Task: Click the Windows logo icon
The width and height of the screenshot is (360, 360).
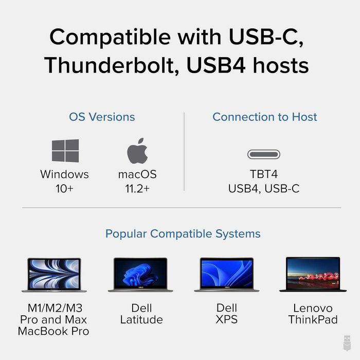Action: (x=65, y=151)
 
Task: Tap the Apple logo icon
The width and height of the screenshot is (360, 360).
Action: (x=137, y=151)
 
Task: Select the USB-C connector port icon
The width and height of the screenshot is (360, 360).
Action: (x=264, y=154)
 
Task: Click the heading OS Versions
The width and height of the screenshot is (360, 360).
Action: (x=102, y=117)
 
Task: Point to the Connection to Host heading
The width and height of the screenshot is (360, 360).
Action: (x=264, y=117)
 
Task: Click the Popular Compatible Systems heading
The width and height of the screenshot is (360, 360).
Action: (x=183, y=234)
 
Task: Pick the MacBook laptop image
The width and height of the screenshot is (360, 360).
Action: (x=54, y=275)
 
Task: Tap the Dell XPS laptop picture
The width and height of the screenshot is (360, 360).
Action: (x=226, y=275)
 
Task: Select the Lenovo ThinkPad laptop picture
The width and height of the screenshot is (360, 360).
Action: (x=313, y=275)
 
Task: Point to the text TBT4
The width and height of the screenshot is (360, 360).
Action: (x=264, y=175)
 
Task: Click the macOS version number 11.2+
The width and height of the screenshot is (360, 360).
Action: (x=137, y=189)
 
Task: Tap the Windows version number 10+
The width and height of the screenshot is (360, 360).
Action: (x=65, y=189)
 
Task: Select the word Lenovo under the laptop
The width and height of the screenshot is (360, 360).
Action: (x=313, y=309)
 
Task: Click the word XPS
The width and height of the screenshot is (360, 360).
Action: (x=227, y=320)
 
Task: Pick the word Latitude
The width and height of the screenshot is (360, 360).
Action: (x=141, y=320)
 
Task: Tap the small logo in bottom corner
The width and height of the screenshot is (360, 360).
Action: (x=347, y=343)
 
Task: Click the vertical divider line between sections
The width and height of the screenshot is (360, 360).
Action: (x=184, y=152)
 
